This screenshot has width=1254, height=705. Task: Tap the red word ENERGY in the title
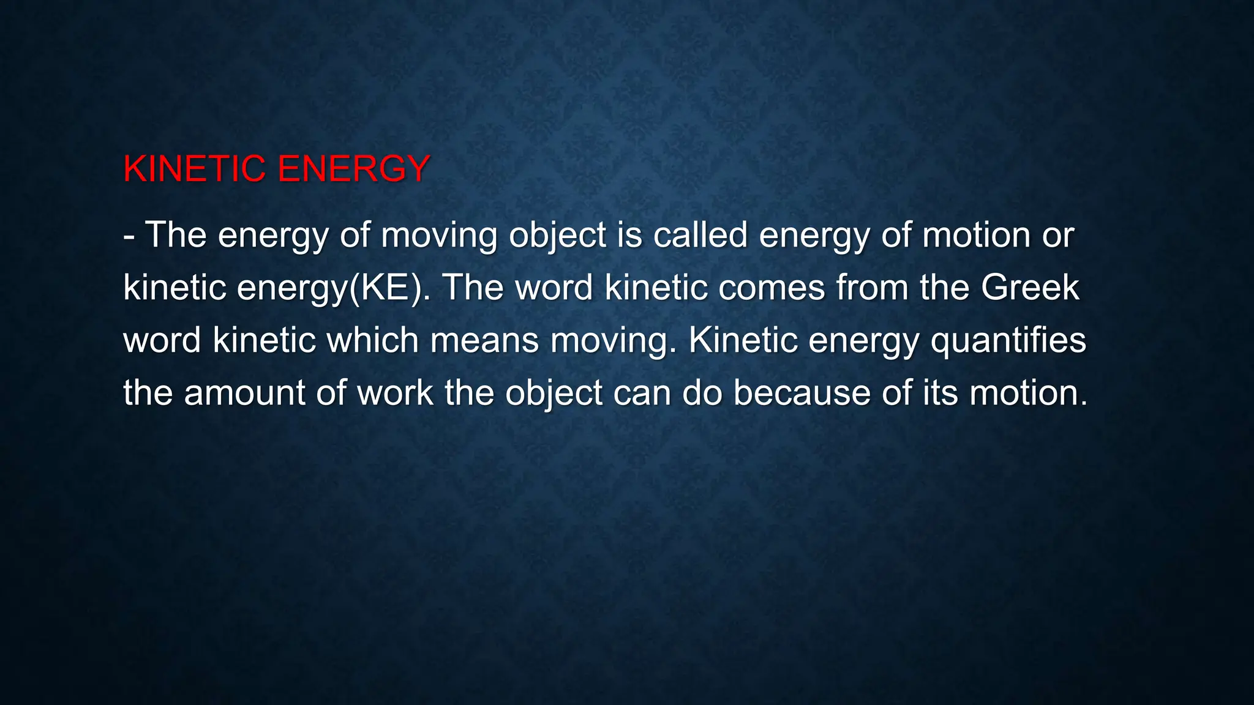(353, 169)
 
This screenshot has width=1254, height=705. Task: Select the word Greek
(1030, 288)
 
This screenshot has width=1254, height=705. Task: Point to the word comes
(772, 288)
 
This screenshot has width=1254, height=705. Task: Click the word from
(872, 288)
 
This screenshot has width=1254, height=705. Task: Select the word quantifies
(1008, 340)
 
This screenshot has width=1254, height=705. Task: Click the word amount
(244, 393)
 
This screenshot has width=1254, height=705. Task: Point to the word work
(395, 393)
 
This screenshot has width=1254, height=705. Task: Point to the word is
(629, 235)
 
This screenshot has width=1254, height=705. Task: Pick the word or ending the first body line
(1058, 235)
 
